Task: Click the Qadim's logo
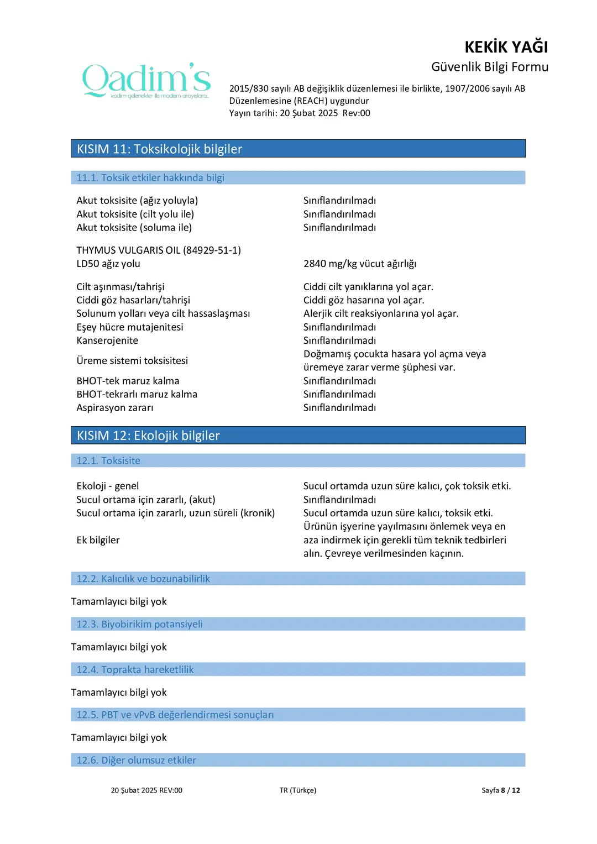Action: (146, 81)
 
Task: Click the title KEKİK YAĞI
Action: (506, 47)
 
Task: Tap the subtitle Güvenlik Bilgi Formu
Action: (489, 67)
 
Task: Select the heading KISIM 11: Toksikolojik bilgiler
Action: (159, 149)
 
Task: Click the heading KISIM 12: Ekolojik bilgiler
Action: (148, 436)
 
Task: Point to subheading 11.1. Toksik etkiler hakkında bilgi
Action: (150, 177)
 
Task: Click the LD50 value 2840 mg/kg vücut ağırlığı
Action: (359, 264)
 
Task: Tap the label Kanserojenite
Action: (107, 340)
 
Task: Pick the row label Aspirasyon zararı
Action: (115, 407)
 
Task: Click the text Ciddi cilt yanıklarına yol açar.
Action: (368, 286)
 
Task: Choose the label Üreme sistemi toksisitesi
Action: (132, 360)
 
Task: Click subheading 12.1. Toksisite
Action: (108, 460)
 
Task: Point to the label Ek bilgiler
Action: (98, 540)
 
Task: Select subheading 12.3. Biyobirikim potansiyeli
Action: (139, 624)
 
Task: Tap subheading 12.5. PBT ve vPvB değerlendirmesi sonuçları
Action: (175, 715)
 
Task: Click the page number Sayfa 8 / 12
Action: (500, 790)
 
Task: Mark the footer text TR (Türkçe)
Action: (298, 790)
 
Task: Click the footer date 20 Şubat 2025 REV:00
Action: (146, 790)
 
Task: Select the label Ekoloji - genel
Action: (108, 486)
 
